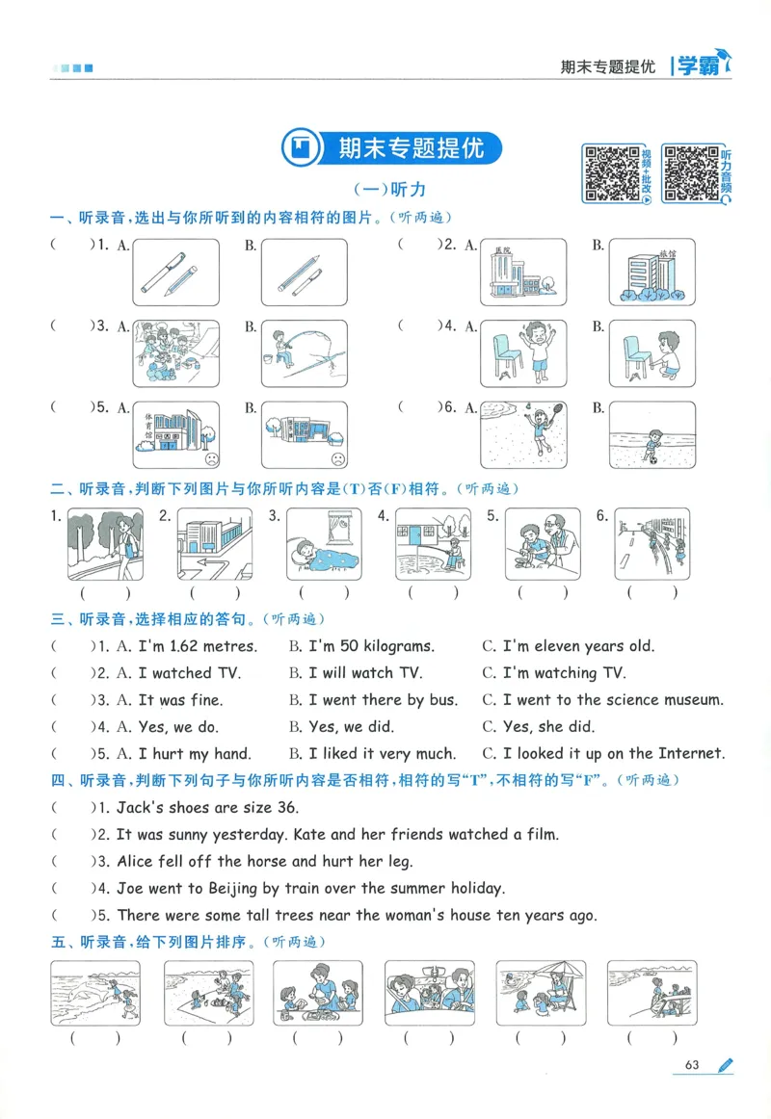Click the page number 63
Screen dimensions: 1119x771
[691, 1064]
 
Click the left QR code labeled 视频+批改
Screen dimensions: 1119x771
[609, 173]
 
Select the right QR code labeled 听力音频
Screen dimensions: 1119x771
[690, 173]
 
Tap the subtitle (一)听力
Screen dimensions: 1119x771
[389, 191]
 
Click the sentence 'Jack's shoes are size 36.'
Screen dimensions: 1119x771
[207, 808]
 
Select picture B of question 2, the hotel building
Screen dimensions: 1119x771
[651, 272]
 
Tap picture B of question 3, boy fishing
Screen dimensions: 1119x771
[303, 352]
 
